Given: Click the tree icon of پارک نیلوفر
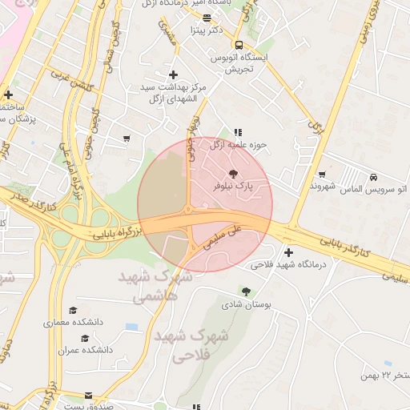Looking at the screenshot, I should point(233,173).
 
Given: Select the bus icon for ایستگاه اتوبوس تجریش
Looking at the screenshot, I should point(239,45).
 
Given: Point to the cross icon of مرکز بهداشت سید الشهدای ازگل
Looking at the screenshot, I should point(173,74).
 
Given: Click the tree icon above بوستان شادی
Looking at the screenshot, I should point(246,292).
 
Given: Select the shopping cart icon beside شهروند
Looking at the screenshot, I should point(322,175).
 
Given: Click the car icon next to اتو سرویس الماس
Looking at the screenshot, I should point(375,177).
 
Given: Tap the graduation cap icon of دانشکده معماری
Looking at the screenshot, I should point(74,310).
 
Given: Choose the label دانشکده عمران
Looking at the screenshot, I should point(85,350).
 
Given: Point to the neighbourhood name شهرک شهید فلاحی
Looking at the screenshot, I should point(190,345).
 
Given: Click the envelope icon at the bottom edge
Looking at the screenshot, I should point(88,396).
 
